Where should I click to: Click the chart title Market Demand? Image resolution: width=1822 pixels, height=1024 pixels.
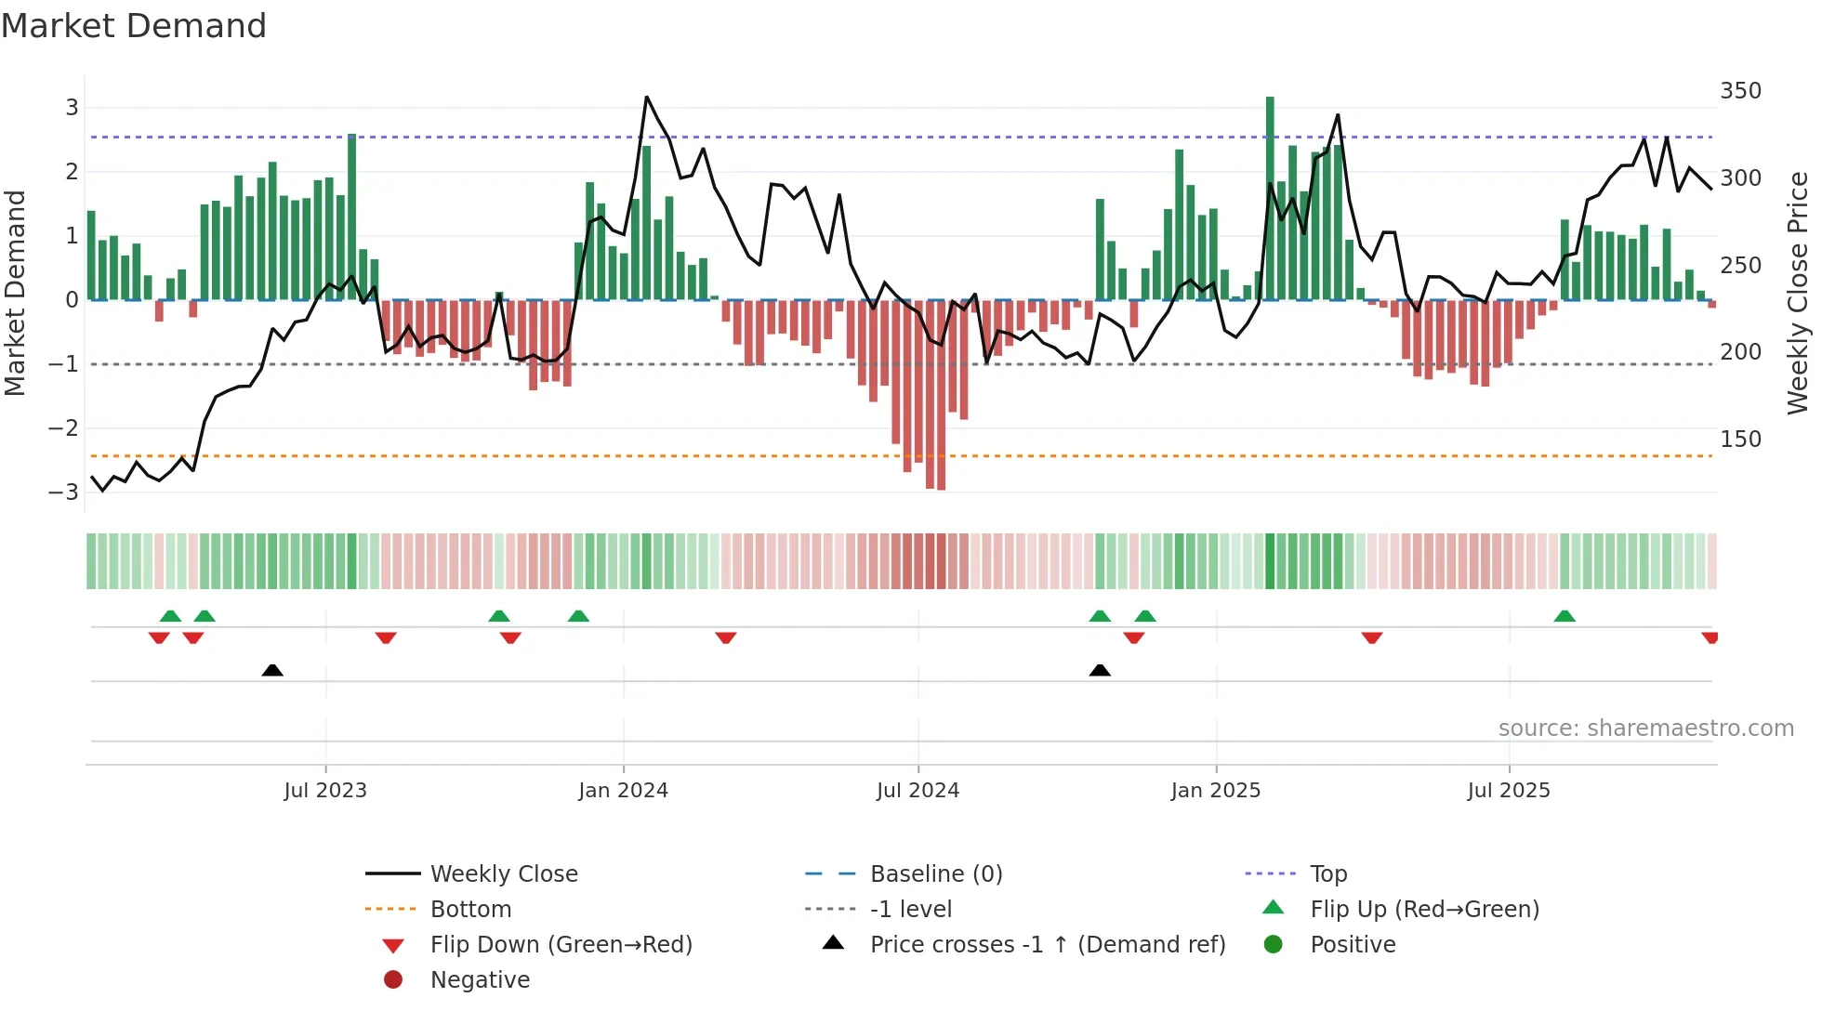(x=134, y=26)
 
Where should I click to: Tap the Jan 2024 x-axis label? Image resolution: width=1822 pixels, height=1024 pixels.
(x=623, y=791)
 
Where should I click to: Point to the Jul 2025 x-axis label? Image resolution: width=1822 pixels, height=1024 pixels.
(x=1509, y=791)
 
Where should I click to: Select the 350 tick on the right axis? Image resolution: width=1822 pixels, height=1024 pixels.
(x=1740, y=91)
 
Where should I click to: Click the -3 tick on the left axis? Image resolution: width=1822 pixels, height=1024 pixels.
(x=64, y=492)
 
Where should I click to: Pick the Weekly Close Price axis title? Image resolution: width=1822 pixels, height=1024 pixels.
(x=1798, y=293)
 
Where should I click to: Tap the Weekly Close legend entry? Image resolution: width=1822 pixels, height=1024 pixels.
(x=503, y=874)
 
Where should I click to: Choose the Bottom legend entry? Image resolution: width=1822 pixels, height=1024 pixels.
(x=470, y=910)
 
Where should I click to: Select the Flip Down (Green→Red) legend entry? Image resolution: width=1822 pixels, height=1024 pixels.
(x=561, y=945)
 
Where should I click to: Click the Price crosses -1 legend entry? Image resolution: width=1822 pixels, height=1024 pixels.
(x=1047, y=945)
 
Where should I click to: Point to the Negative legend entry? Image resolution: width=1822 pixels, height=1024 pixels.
(x=480, y=980)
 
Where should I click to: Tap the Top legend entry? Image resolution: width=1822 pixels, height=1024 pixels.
(x=1328, y=874)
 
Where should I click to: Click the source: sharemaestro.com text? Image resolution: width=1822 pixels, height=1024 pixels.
(x=1645, y=729)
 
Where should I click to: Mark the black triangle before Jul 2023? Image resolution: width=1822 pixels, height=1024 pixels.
(x=272, y=670)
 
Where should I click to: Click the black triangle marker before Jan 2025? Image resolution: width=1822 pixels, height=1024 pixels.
(x=1100, y=670)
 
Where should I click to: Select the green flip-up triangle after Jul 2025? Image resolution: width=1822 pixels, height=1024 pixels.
(x=1565, y=616)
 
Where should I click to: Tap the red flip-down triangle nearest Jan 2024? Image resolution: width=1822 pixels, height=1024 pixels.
(x=510, y=637)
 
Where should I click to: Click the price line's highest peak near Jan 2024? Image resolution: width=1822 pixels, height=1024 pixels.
(x=647, y=98)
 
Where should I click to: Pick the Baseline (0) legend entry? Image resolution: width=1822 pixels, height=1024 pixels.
(x=935, y=874)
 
